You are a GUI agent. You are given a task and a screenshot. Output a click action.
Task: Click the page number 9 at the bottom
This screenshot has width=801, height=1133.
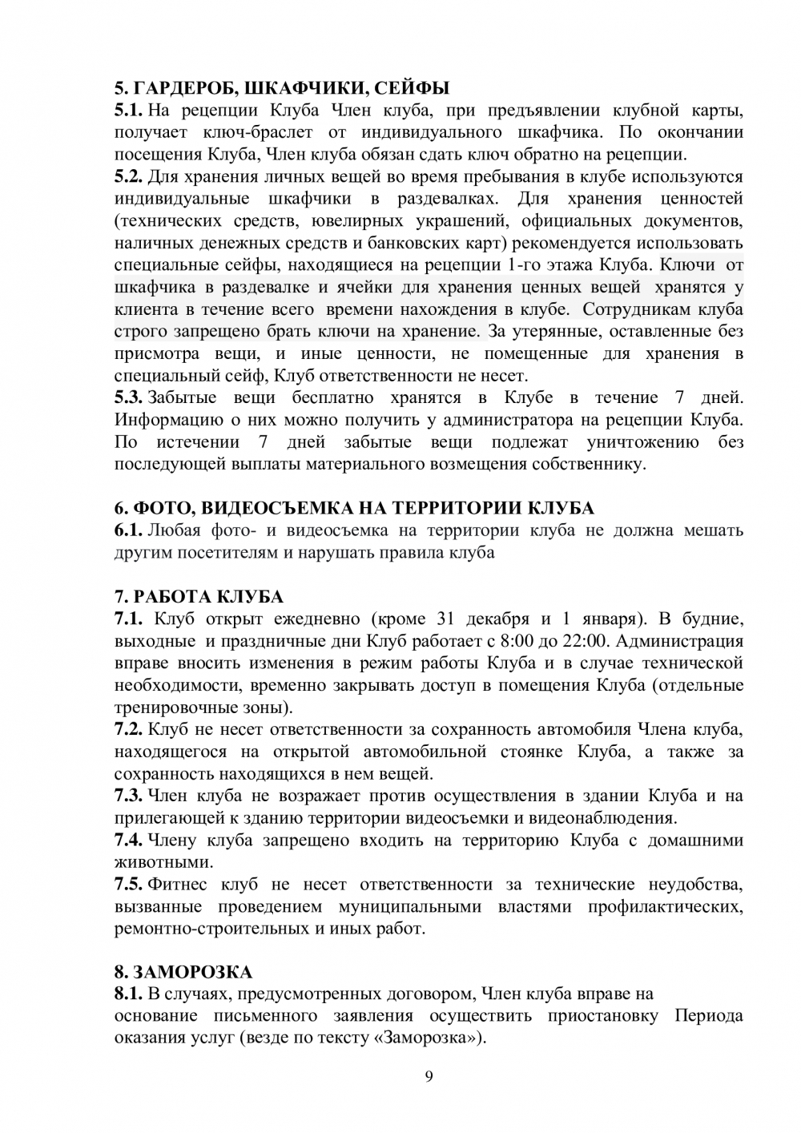coord(428,1076)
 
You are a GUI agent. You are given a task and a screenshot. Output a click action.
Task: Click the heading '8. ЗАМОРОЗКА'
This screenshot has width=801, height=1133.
coord(183,973)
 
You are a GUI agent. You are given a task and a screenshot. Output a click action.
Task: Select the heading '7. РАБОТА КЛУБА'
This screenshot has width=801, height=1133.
coord(199,597)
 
